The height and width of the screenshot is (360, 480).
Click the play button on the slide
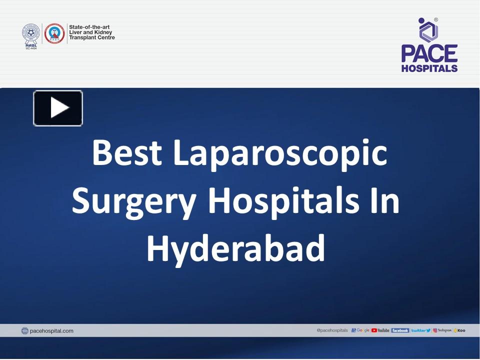58,108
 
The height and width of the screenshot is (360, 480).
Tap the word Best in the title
127,153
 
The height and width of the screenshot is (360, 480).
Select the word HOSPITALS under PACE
429,68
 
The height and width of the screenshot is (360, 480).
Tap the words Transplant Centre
91,37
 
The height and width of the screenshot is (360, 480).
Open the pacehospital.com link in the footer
51,330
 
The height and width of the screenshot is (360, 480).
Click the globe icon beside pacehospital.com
24,330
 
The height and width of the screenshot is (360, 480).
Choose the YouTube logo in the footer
380,330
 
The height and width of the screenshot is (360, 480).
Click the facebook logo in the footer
400,330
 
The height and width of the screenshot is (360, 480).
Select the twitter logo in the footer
420,330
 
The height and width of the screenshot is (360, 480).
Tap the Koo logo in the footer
459,330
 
